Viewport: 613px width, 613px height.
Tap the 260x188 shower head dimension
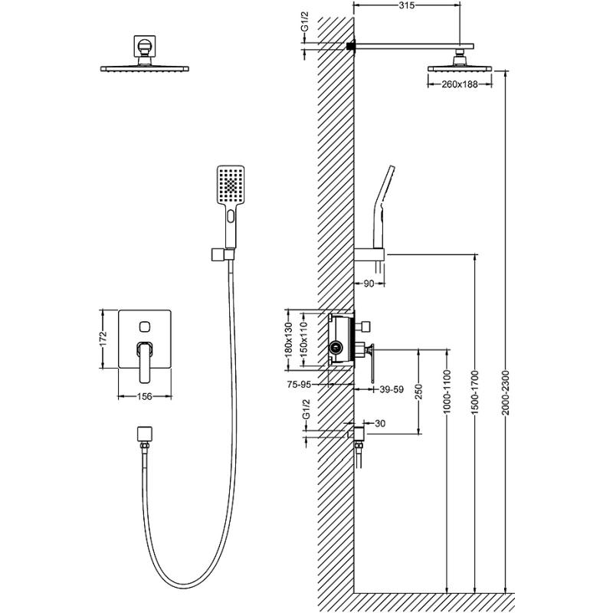[x=464, y=84]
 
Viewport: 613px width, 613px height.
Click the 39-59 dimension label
[x=391, y=389]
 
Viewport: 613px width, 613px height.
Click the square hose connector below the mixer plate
[x=142, y=433]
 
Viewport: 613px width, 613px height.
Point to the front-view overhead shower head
[x=143, y=69]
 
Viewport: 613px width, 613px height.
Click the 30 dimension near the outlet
[x=379, y=423]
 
